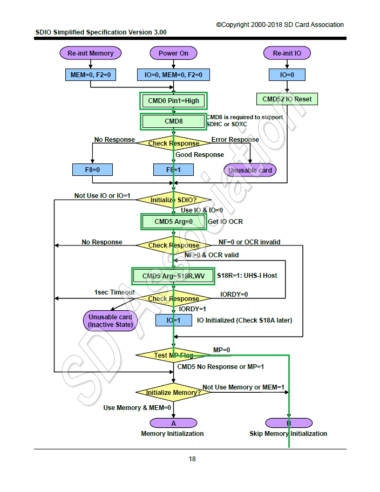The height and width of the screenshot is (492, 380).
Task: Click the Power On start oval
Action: pos(173,53)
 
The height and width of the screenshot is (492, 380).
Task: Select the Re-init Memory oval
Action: pos(91,53)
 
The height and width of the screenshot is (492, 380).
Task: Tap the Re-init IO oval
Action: pos(287,53)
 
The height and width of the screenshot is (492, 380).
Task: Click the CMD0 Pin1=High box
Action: pos(173,101)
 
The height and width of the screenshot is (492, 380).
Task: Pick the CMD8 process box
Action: pos(173,121)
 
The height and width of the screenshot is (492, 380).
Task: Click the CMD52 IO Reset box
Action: pos(287,99)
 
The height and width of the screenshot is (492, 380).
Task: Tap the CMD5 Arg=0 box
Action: pos(173,221)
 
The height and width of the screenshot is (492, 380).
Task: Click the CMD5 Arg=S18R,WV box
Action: pos(173,276)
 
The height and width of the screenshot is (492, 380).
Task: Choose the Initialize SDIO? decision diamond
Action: pos(173,200)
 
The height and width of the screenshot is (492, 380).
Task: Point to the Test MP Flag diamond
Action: pos(173,355)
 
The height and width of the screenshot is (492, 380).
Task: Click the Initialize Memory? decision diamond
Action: pos(173,392)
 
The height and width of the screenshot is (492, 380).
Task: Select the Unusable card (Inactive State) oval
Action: pos(110,321)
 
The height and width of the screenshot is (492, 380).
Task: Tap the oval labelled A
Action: pos(173,423)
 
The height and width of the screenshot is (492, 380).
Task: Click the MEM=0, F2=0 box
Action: pos(91,74)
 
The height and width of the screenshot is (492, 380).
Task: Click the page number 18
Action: pos(192,459)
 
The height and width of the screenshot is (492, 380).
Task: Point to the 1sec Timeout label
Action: pos(115,292)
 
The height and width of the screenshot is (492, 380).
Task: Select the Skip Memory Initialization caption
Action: pos(288,434)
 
